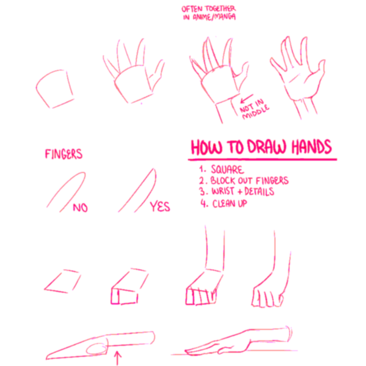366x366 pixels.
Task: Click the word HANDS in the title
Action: click(312, 146)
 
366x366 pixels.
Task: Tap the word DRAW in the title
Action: click(267, 147)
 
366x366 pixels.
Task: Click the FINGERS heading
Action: click(64, 154)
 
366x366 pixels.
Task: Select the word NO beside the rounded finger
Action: click(81, 208)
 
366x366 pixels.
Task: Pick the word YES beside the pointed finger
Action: click(160, 206)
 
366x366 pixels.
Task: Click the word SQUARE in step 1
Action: click(227, 169)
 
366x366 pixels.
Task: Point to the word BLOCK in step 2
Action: click(223, 180)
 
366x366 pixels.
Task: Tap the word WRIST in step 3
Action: click(223, 191)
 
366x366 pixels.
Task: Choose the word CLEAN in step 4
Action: click(224, 204)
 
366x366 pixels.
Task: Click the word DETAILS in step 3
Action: click(259, 191)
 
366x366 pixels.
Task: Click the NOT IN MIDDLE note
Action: click(255, 109)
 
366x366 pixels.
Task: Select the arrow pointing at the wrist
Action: click(247, 98)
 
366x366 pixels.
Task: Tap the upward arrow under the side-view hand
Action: click(118, 358)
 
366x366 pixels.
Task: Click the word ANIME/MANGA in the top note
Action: click(214, 17)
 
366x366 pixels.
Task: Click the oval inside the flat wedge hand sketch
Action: click(97, 349)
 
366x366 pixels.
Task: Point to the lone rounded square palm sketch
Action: click(54, 89)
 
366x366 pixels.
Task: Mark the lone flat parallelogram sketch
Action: click(62, 281)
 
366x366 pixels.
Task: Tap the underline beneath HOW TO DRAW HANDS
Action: click(262, 160)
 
